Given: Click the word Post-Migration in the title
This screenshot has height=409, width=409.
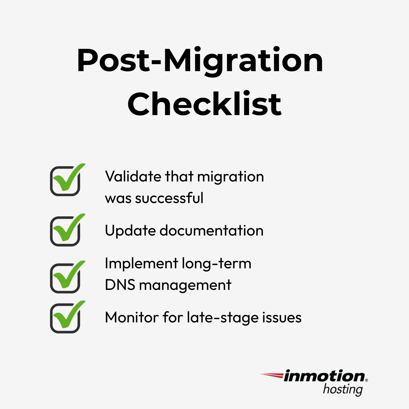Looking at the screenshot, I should click(x=200, y=61).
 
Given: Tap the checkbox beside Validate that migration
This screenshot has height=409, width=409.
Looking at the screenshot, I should click(x=65, y=181).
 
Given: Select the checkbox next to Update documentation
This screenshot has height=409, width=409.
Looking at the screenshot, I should click(x=65, y=231).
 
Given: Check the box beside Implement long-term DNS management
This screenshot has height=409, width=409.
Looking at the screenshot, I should click(x=65, y=278).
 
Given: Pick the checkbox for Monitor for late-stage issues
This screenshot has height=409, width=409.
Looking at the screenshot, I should click(x=65, y=318).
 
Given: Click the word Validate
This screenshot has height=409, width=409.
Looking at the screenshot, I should click(x=133, y=177).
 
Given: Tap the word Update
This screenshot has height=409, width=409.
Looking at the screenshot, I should click(x=130, y=231).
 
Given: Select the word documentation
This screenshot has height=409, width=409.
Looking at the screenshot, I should click(x=211, y=231).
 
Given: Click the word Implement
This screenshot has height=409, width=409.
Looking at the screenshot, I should click(x=141, y=264).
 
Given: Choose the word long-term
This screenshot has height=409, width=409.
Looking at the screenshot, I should click(x=216, y=264).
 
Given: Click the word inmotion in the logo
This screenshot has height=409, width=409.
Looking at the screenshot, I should click(x=324, y=376).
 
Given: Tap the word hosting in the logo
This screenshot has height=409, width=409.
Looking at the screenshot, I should click(x=343, y=390).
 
